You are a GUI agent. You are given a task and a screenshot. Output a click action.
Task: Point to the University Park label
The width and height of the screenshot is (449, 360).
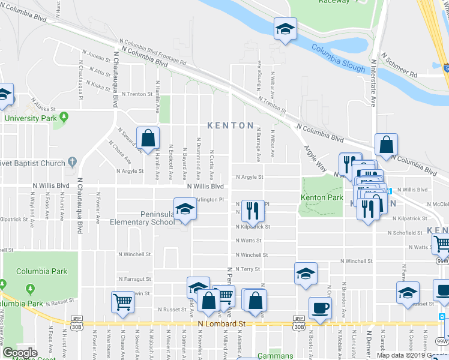(30, 118)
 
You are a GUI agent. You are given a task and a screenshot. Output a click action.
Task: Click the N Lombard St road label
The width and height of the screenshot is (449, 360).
(223, 323)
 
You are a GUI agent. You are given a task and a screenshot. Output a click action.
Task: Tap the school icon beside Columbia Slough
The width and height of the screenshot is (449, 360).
(286, 28)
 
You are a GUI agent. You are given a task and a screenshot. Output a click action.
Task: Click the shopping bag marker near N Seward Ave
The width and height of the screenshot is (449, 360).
(148, 138)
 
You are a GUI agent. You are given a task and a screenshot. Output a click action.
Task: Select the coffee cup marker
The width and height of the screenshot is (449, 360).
(320, 308)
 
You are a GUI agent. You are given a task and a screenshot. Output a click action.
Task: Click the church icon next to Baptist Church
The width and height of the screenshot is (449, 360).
(73, 163)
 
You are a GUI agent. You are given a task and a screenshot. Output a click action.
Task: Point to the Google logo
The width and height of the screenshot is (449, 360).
(20, 353)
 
